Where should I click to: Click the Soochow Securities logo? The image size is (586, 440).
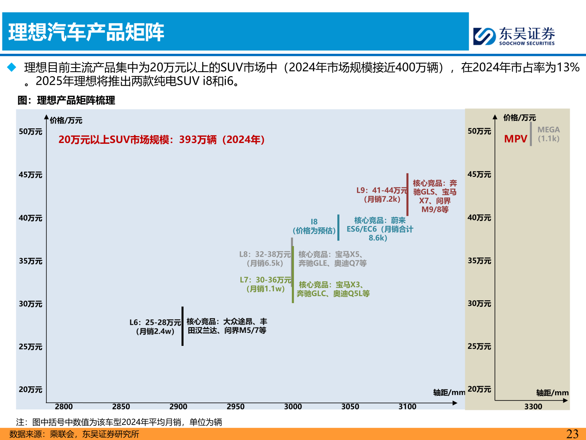[x=514, y=36]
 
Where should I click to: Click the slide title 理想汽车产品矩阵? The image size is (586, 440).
[x=86, y=32]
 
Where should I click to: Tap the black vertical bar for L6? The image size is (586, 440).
[x=182, y=326]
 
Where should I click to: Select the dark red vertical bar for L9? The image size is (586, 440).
[x=407, y=194]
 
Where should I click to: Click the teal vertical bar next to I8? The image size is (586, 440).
[x=338, y=227]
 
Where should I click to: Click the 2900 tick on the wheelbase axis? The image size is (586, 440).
[x=178, y=407]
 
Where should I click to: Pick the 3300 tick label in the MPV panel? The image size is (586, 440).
[x=533, y=407]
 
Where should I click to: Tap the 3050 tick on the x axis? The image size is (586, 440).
[x=350, y=407]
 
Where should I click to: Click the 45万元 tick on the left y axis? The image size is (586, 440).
[x=31, y=175]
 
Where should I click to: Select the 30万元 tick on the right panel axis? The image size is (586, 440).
[x=479, y=304]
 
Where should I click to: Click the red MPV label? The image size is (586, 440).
[x=516, y=139]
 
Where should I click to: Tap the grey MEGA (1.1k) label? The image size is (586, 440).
[x=549, y=134]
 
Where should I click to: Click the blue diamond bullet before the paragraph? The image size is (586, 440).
[x=12, y=67]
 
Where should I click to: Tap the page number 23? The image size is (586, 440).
[x=572, y=434]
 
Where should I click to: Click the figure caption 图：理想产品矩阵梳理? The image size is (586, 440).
[x=66, y=100]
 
